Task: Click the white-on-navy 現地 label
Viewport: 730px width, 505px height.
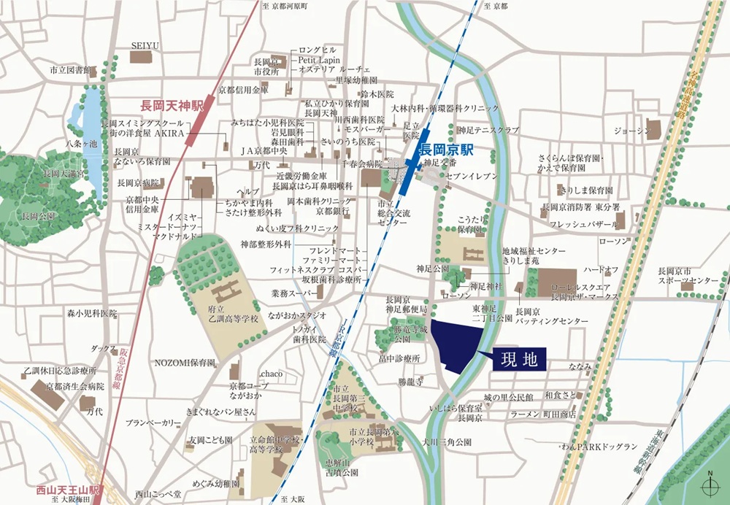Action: pyautogui.click(x=519, y=359)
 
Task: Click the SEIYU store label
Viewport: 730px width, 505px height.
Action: pyautogui.click(x=145, y=45)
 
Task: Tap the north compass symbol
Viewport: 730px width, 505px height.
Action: pyautogui.click(x=709, y=485)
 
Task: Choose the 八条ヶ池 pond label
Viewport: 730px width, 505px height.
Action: pyautogui.click(x=82, y=145)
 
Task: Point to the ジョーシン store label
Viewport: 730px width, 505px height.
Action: pyautogui.click(x=631, y=131)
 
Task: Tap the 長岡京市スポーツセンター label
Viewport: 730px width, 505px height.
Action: pyautogui.click(x=687, y=275)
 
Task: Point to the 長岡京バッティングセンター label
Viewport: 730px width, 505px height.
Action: pyautogui.click(x=541, y=316)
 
